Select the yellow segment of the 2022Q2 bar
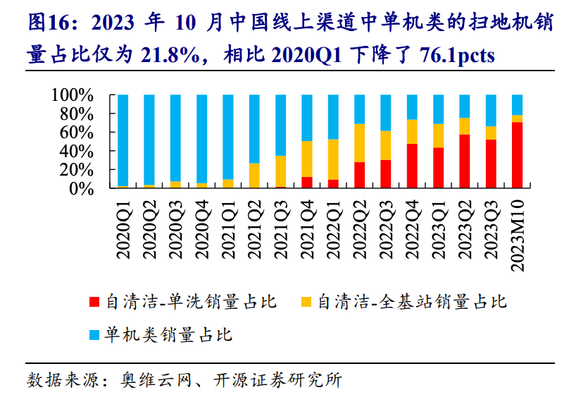tap(360, 143)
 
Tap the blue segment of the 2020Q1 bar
tap(123, 140)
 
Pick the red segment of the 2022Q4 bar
tap(412, 166)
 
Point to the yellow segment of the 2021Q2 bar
tap(254, 176)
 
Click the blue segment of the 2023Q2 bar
tap(465, 106)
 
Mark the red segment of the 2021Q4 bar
tap(307, 183)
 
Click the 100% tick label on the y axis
tap(72, 95)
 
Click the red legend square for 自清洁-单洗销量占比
tap(94, 303)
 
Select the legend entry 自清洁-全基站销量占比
tap(412, 303)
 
